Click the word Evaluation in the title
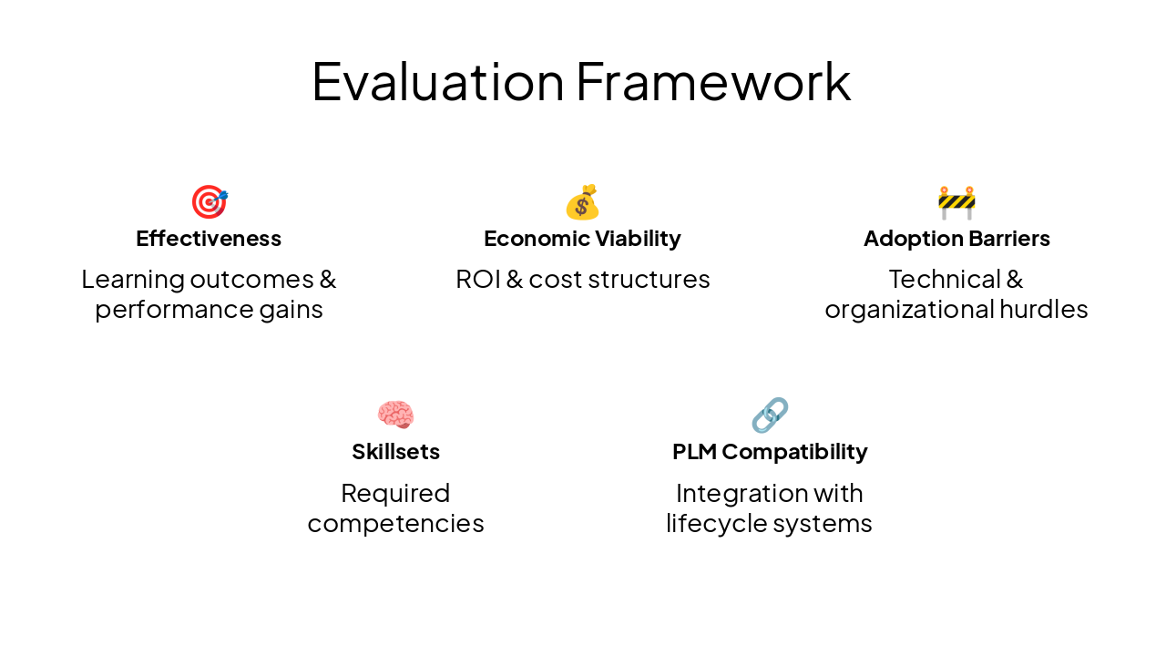(x=437, y=82)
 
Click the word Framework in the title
(x=713, y=82)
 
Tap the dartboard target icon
(x=209, y=201)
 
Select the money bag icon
(x=582, y=202)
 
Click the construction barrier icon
(x=956, y=202)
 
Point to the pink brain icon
(x=395, y=415)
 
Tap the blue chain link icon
(x=770, y=415)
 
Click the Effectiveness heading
(x=209, y=239)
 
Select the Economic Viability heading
(x=582, y=239)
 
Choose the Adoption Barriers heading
(x=956, y=239)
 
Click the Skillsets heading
(x=395, y=452)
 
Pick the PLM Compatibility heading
(x=770, y=452)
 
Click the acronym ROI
(x=476, y=279)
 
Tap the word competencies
(x=395, y=524)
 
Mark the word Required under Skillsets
(x=395, y=493)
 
